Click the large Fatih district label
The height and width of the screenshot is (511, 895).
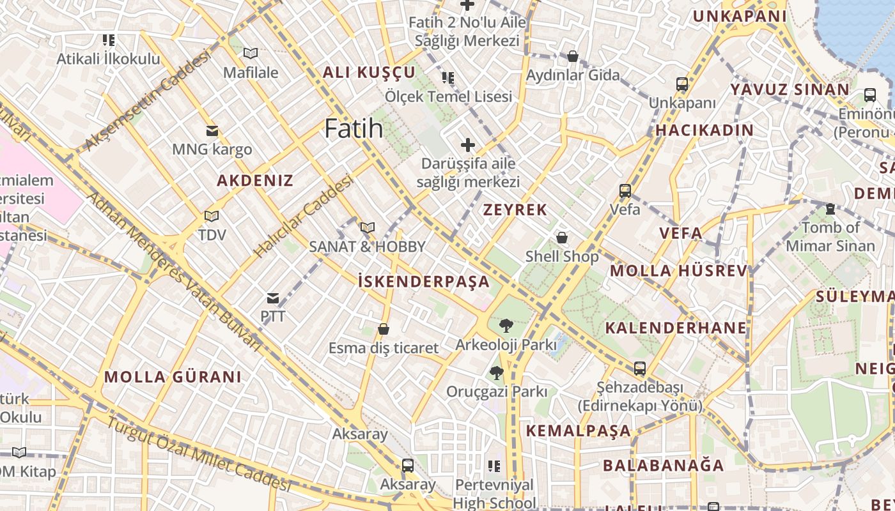[x=354, y=128]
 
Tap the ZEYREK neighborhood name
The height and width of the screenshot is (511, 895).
[x=515, y=210]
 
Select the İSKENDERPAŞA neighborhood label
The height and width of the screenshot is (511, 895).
[x=423, y=281]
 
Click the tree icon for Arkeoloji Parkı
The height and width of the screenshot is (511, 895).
[x=506, y=326]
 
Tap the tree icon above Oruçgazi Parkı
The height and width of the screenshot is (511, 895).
[x=496, y=372]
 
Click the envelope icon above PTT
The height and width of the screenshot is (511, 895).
[x=273, y=298]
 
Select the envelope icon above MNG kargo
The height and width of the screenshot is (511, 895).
[x=212, y=131]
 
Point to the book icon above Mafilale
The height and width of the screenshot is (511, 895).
[x=251, y=54]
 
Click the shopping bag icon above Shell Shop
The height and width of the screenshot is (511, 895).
[x=562, y=238]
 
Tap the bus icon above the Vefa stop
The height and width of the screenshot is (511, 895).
[x=625, y=190]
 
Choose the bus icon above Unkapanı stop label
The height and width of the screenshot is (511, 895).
[x=682, y=84]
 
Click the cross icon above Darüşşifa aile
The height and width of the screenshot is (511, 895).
[x=468, y=145]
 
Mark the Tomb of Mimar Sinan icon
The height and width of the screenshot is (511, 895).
[x=830, y=208]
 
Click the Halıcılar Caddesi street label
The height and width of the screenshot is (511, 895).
[x=304, y=217]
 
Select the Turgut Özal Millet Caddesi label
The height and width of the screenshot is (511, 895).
[x=198, y=454]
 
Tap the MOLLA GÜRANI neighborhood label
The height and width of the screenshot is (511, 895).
[x=173, y=376]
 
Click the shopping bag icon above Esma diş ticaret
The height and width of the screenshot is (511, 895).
[x=384, y=329]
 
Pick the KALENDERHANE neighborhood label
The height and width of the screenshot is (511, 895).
[x=676, y=328]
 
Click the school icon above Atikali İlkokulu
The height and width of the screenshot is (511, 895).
[x=109, y=40]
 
